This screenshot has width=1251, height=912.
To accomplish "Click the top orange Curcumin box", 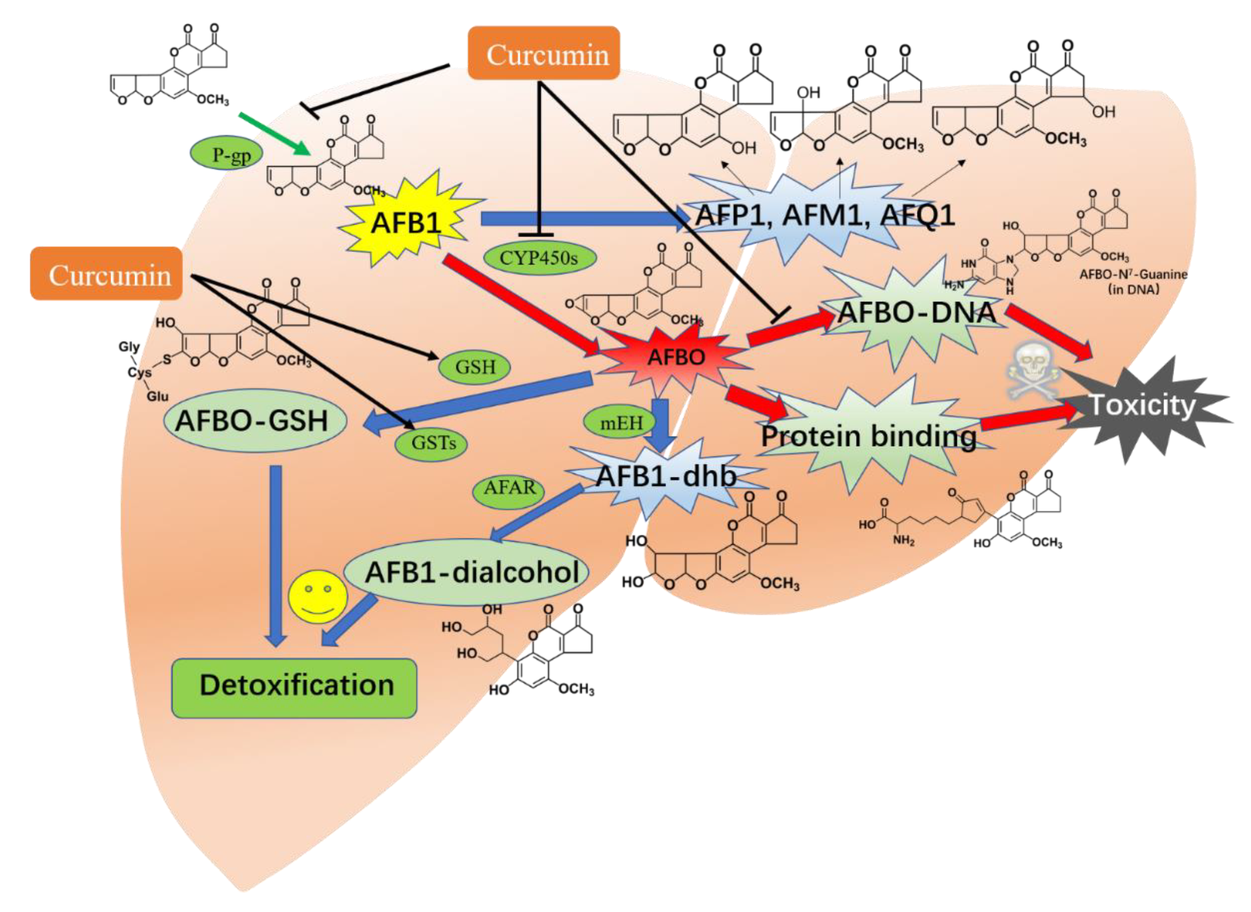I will pyautogui.click(x=544, y=54).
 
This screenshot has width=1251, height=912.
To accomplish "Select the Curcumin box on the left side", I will pyautogui.click(x=106, y=274).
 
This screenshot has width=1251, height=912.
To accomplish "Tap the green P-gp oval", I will pyautogui.click(x=226, y=154).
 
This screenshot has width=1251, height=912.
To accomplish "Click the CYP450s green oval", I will pyautogui.click(x=539, y=257).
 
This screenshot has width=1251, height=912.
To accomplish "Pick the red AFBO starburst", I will pyautogui.click(x=675, y=357).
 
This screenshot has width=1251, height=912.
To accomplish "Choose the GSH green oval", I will pyautogui.click(x=474, y=366).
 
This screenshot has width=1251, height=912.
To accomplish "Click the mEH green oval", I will pyautogui.click(x=621, y=423).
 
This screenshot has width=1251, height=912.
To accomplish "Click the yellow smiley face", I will pyautogui.click(x=318, y=597).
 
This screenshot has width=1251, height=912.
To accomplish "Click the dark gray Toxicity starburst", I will pyautogui.click(x=1141, y=406).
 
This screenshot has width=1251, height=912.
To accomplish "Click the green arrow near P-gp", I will pyautogui.click(x=273, y=134).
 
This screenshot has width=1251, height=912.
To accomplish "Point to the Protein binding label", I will pyautogui.click(x=869, y=436).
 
